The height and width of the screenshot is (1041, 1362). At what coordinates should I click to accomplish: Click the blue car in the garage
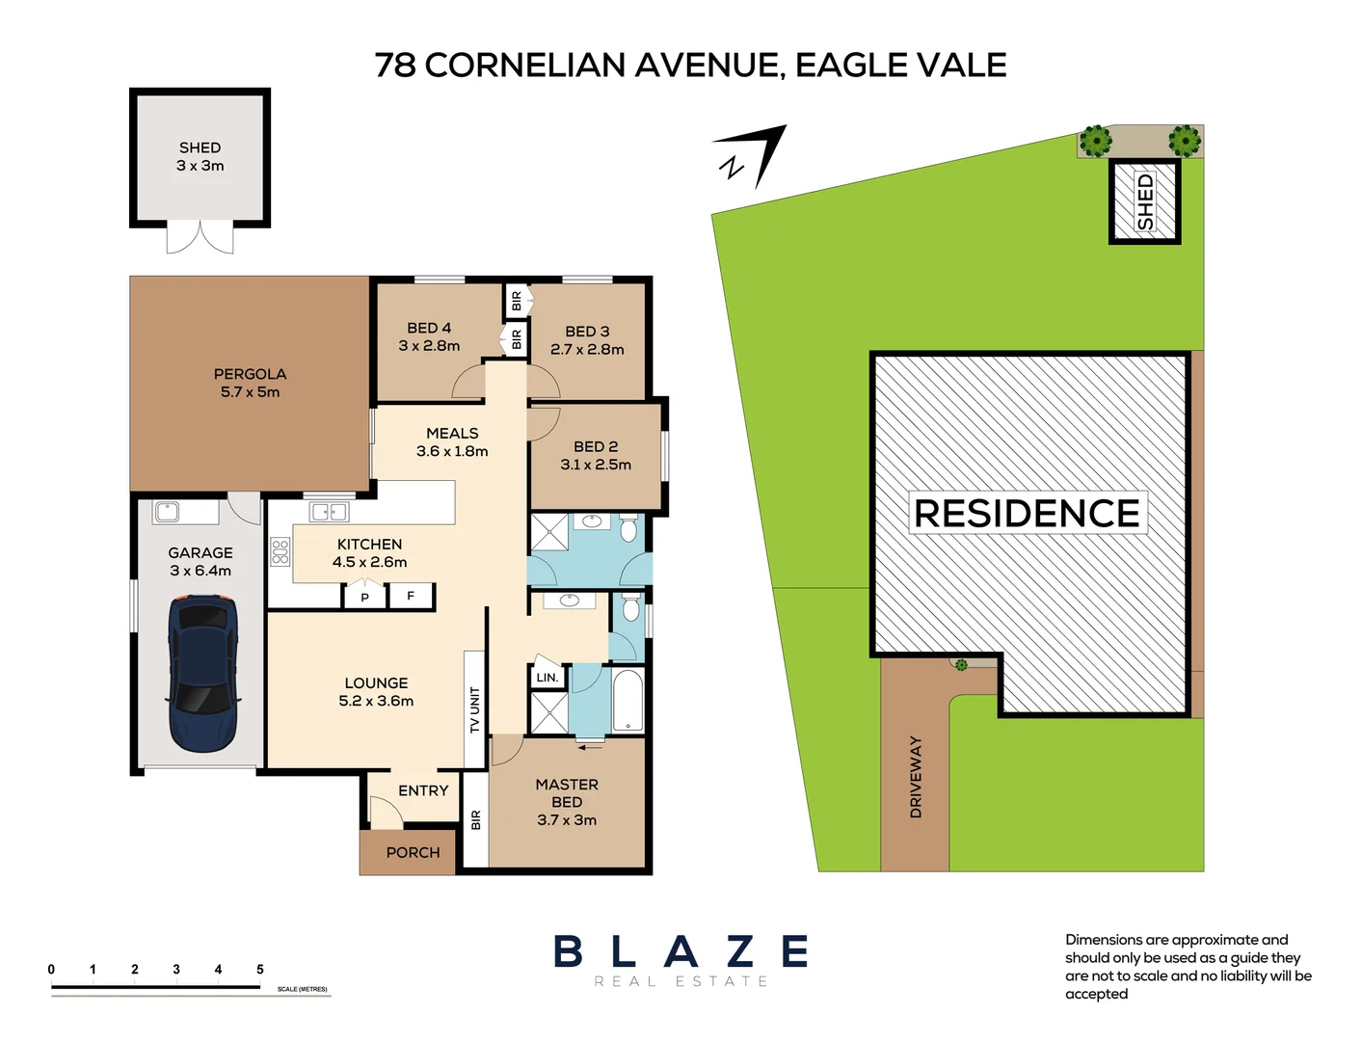[x=202, y=673]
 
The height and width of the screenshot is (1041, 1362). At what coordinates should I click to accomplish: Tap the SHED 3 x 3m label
[x=200, y=156]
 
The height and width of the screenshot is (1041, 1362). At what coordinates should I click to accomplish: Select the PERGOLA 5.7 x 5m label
[x=250, y=383]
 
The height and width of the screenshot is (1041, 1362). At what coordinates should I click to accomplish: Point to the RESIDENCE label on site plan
[x=1027, y=514]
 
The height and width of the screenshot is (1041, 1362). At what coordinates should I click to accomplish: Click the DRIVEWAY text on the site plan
[x=916, y=777]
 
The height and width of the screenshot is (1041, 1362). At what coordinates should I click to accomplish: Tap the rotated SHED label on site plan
[x=1145, y=201]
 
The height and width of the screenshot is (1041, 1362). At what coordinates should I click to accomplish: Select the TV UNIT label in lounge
[x=474, y=709]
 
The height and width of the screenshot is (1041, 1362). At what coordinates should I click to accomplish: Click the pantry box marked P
[x=364, y=598]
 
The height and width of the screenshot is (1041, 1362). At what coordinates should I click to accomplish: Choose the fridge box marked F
[x=411, y=597]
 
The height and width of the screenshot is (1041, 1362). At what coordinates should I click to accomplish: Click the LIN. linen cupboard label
[x=547, y=678]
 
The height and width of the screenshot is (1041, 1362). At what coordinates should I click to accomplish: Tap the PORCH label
[x=413, y=853]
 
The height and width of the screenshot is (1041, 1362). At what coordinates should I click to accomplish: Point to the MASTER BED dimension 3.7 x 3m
[x=567, y=820]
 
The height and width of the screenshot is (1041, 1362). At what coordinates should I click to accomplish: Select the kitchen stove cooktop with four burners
[x=280, y=551]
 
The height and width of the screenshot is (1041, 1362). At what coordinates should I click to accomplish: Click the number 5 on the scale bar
[x=260, y=970]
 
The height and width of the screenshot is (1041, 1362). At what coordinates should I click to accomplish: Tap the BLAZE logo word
[x=681, y=952]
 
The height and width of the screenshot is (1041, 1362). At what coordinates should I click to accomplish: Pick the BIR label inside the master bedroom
[x=475, y=820]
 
